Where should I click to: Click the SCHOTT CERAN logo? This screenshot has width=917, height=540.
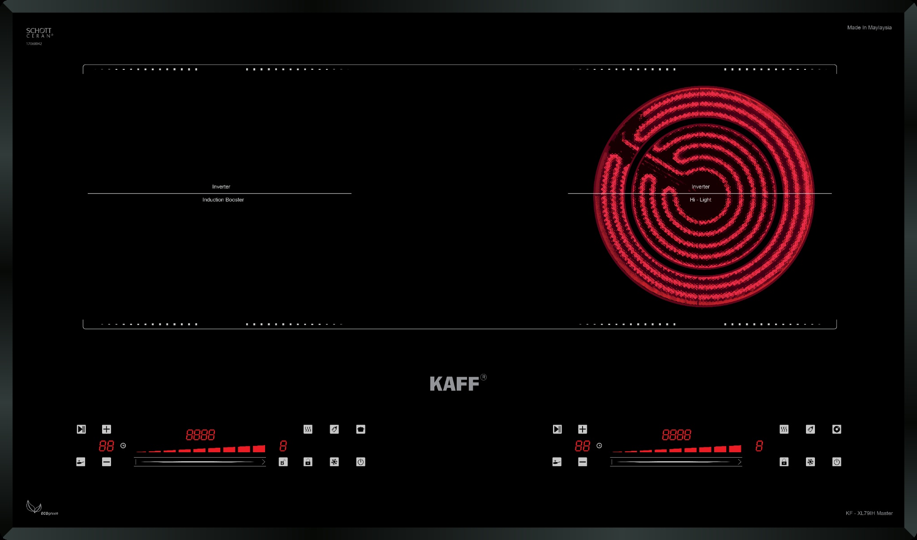click(39, 33)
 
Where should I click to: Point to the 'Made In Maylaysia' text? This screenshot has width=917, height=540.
click(869, 28)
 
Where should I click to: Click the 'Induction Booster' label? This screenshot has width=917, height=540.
click(223, 200)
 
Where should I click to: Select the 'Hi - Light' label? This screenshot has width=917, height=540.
click(700, 200)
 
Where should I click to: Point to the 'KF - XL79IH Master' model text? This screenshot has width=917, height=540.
click(869, 513)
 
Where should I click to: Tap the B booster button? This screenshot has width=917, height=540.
click(283, 462)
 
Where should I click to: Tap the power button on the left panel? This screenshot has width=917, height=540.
click(361, 462)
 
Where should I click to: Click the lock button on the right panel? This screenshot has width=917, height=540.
click(784, 462)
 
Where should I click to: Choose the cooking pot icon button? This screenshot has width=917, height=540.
click(361, 429)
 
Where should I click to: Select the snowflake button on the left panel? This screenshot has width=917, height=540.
click(334, 462)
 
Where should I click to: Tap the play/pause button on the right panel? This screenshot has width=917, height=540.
click(557, 429)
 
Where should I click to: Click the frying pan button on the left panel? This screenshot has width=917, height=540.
click(81, 462)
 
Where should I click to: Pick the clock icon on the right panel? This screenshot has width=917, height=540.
click(599, 446)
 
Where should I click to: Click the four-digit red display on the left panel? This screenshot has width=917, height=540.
click(200, 435)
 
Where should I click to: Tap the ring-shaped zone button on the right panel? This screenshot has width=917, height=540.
click(836, 429)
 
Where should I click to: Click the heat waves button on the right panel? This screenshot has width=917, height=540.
click(784, 429)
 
